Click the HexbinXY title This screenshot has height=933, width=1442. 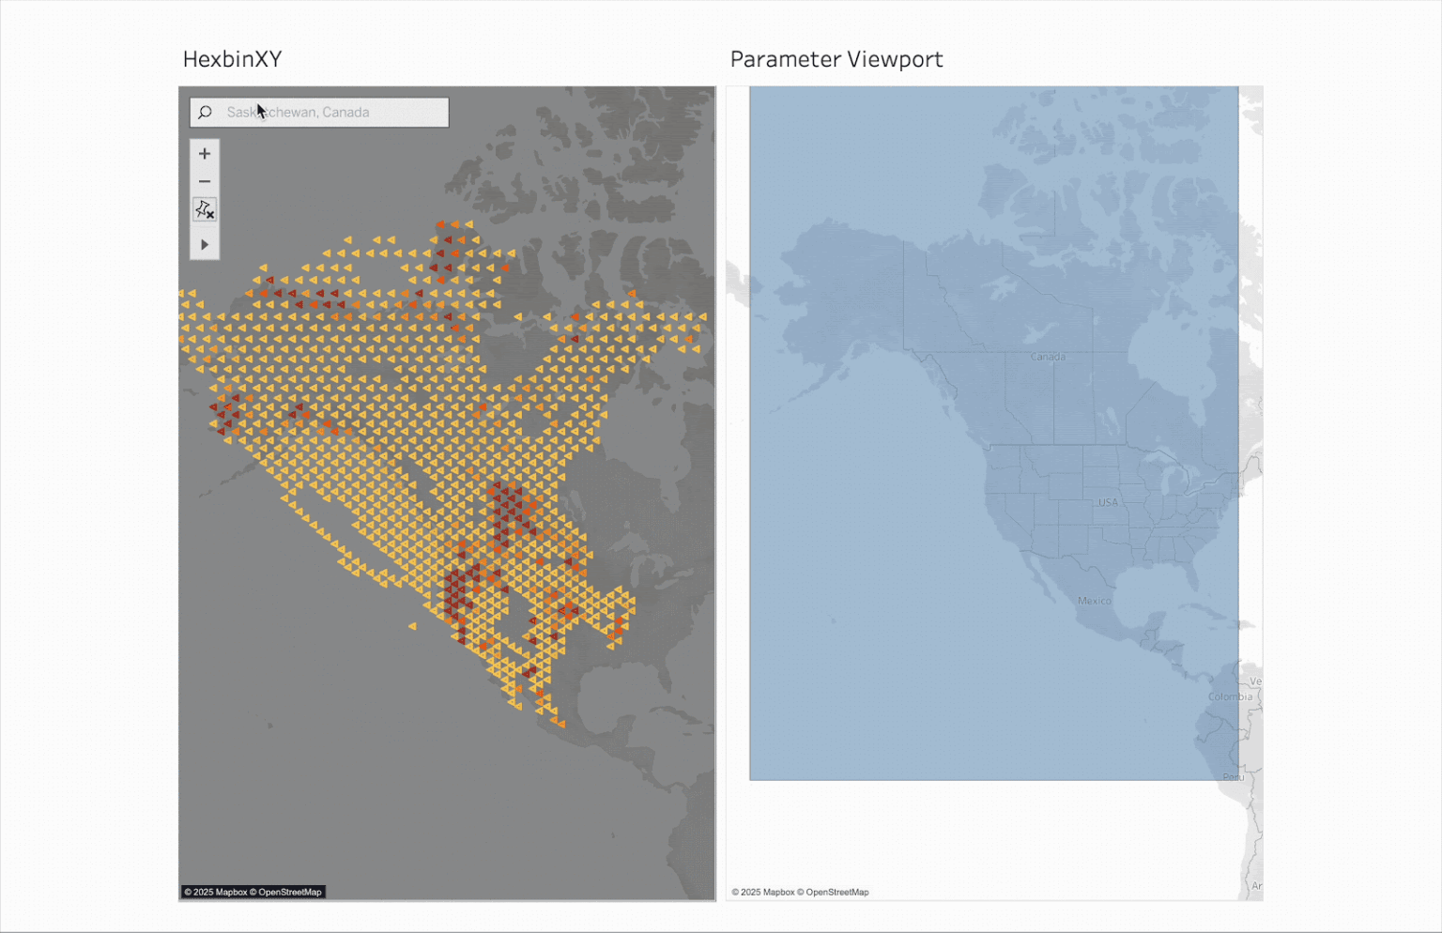pyautogui.click(x=232, y=59)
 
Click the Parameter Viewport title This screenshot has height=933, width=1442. pyautogui.click(x=836, y=59)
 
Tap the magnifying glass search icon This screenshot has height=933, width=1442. pyautogui.click(x=205, y=113)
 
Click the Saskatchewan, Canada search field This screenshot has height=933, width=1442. pyautogui.click(x=329, y=113)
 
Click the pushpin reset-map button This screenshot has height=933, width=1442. pyautogui.click(x=205, y=209)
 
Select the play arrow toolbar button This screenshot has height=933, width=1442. pyautogui.click(x=205, y=245)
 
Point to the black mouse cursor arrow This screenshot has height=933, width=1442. pyautogui.click(x=261, y=110)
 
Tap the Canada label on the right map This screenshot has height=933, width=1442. pyautogui.click(x=1048, y=357)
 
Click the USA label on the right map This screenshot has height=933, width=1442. pyautogui.click(x=1108, y=502)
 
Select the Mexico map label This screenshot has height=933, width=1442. pyautogui.click(x=1094, y=601)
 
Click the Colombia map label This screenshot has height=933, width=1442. pyautogui.click(x=1230, y=696)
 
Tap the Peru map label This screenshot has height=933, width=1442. pyautogui.click(x=1233, y=777)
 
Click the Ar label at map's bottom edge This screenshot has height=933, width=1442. pyautogui.click(x=1256, y=885)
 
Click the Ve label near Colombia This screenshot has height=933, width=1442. pyautogui.click(x=1255, y=681)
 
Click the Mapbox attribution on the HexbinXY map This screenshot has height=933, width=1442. pyautogui.click(x=253, y=892)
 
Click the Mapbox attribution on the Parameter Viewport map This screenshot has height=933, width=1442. pyautogui.click(x=800, y=892)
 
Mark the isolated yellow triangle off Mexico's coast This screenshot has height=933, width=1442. pyautogui.click(x=412, y=626)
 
